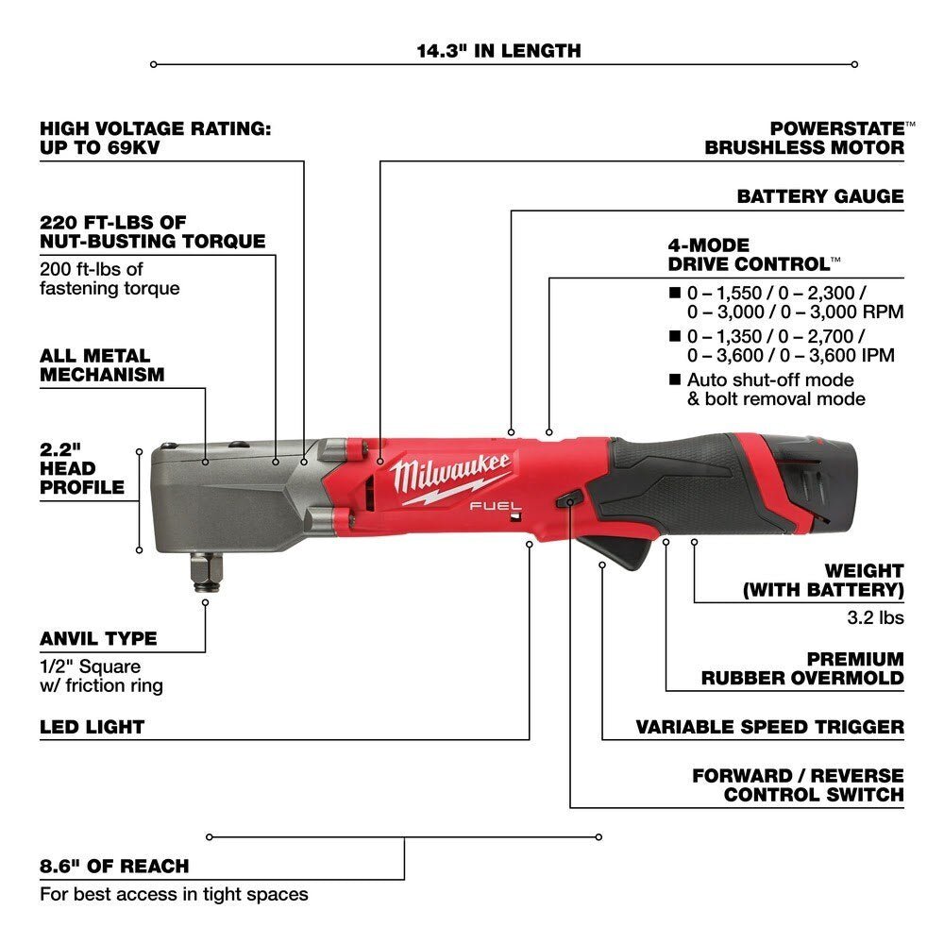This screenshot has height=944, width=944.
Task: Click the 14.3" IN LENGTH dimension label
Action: pyautogui.click(x=499, y=50)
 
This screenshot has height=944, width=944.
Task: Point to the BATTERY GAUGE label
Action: pyautogui.click(x=819, y=196)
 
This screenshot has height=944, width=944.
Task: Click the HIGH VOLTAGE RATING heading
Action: pyautogui.click(x=155, y=138)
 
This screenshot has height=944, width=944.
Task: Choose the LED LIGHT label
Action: pyautogui.click(x=92, y=727)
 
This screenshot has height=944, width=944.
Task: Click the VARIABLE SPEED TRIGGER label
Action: pyautogui.click(x=769, y=727)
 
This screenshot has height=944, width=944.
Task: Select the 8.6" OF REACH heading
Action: pyautogui.click(x=114, y=866)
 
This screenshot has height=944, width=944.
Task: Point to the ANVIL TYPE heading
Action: pyautogui.click(x=98, y=639)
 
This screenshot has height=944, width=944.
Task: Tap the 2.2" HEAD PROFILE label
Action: pyautogui.click(x=81, y=468)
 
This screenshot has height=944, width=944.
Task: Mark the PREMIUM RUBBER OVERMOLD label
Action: pyautogui.click(x=801, y=668)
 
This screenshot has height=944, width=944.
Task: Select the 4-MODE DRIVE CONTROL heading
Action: pyautogui.click(x=753, y=255)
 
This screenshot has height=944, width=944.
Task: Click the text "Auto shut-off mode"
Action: pyautogui.click(x=769, y=379)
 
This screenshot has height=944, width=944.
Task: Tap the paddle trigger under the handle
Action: pyautogui.click(x=631, y=548)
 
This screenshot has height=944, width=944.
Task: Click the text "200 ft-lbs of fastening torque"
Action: pyautogui.click(x=109, y=278)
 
